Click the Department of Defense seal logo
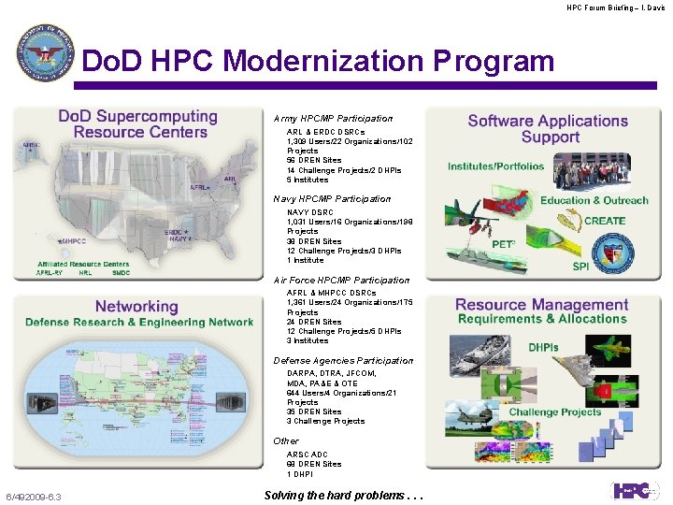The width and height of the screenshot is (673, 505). tap(44, 53)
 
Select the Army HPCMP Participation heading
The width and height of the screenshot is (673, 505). tap(333, 119)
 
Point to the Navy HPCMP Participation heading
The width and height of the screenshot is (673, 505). tap(332, 199)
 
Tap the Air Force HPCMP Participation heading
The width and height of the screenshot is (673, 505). tap(341, 281)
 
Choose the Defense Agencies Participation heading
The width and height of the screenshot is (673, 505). tap(343, 361)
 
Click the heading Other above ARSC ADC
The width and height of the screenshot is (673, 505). tap(286, 441)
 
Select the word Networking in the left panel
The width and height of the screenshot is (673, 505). tap(136, 307)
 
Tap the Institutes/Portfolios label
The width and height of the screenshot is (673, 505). tap(495, 166)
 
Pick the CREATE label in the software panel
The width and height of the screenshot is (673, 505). tap(605, 222)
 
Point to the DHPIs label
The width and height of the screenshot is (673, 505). tap(543, 347)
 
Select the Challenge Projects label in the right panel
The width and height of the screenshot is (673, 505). tap(555, 411)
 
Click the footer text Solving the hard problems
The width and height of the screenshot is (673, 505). tap(344, 496)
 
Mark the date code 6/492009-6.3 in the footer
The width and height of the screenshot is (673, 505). tap(34, 497)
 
